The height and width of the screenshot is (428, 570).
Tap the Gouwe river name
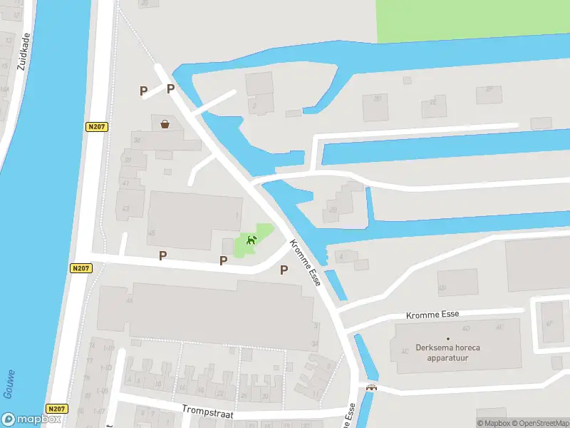pyautogui.click(x=9, y=383)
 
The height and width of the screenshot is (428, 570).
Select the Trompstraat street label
pyautogui.click(x=207, y=413)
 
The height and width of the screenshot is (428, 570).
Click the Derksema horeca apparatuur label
pyautogui.click(x=447, y=352)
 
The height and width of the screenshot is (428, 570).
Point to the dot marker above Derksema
pyautogui.click(x=448, y=338)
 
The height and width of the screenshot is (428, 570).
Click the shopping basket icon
pyautogui.click(x=165, y=124)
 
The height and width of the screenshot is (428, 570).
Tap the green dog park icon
pyautogui.click(x=251, y=240)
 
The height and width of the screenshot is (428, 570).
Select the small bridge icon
pyautogui.click(x=370, y=388)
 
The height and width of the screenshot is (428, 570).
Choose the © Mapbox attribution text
pyautogui.click(x=494, y=423)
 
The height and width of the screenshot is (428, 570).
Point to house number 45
pyautogui.click(x=152, y=233)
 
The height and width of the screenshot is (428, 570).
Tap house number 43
pyautogui.click(x=126, y=208)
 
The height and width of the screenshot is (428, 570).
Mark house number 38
pyautogui.click(x=137, y=140)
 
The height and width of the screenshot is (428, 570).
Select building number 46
pyautogui.click(x=130, y=300)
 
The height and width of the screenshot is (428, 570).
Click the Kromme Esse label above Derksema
pyautogui.click(x=432, y=314)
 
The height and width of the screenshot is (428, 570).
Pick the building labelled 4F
pyautogui.click(x=549, y=323)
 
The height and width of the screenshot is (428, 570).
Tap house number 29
pyautogui.click(x=333, y=210)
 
